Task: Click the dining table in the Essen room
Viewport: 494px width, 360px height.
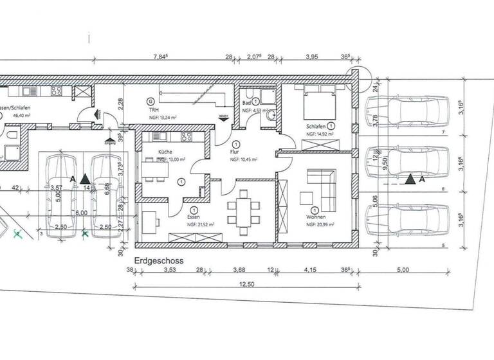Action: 244,210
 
